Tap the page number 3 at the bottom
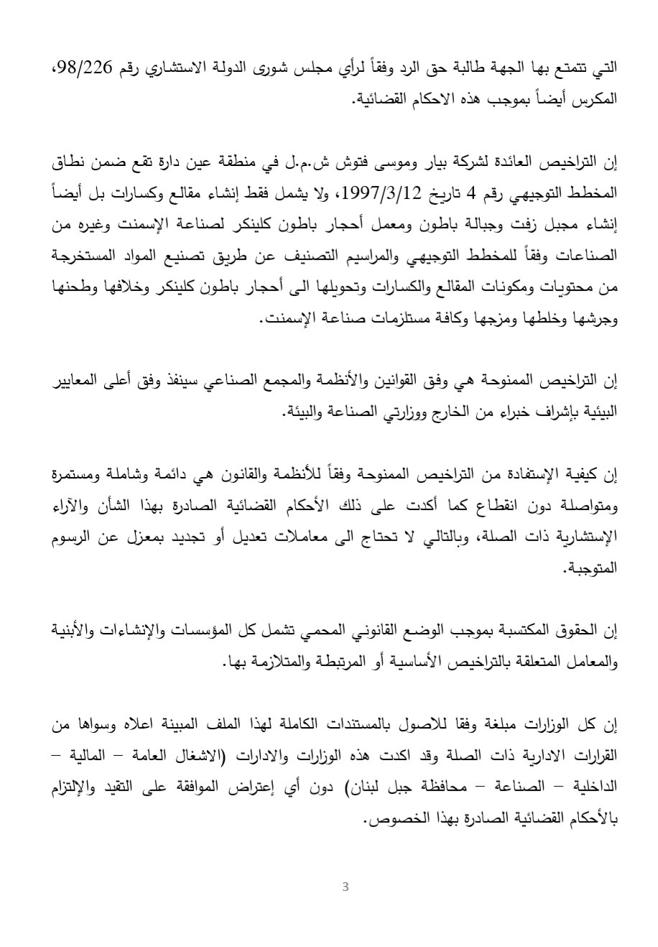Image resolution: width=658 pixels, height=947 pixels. click(x=346, y=887)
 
